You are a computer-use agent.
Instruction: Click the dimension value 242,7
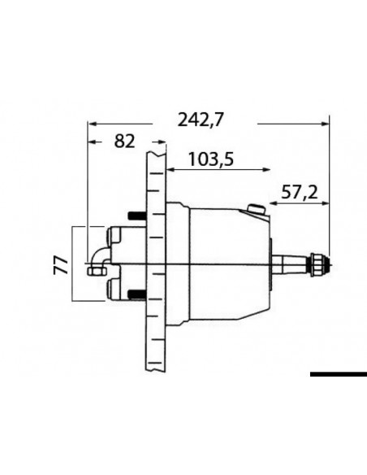pos(201,120)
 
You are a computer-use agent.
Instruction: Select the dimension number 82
pos(124,142)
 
